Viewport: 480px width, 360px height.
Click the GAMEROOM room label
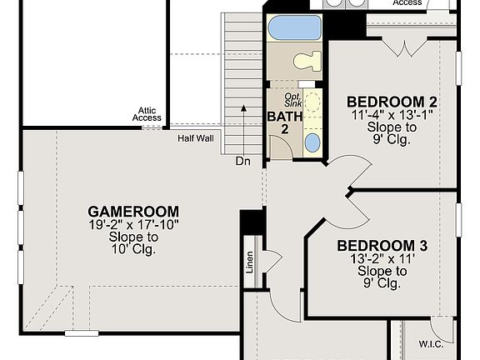click(132, 211)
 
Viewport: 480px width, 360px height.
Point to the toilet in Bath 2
click(307, 61)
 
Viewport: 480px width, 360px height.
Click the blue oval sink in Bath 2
click(312, 142)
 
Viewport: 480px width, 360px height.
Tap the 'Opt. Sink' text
click(292, 98)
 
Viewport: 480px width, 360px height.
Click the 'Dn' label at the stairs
click(242, 160)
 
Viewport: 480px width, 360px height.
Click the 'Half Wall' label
click(195, 138)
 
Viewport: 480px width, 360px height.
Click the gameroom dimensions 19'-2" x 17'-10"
click(132, 224)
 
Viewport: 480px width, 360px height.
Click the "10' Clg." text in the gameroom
click(132, 249)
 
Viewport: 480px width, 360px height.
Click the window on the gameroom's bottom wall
click(81, 333)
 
